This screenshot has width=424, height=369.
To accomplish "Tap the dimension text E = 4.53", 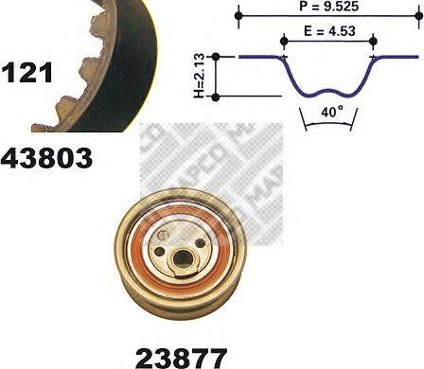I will pos(327,31).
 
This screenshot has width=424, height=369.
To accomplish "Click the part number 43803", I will pos(46,158).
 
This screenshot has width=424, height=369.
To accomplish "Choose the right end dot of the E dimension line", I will pos(373,40).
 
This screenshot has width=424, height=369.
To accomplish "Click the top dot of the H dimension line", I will pos(218,56).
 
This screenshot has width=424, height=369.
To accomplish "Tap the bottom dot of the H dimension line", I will pos(218,97).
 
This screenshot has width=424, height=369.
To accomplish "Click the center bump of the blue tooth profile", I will pos(328,91).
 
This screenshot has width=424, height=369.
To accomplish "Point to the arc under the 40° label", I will pos(328,124).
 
